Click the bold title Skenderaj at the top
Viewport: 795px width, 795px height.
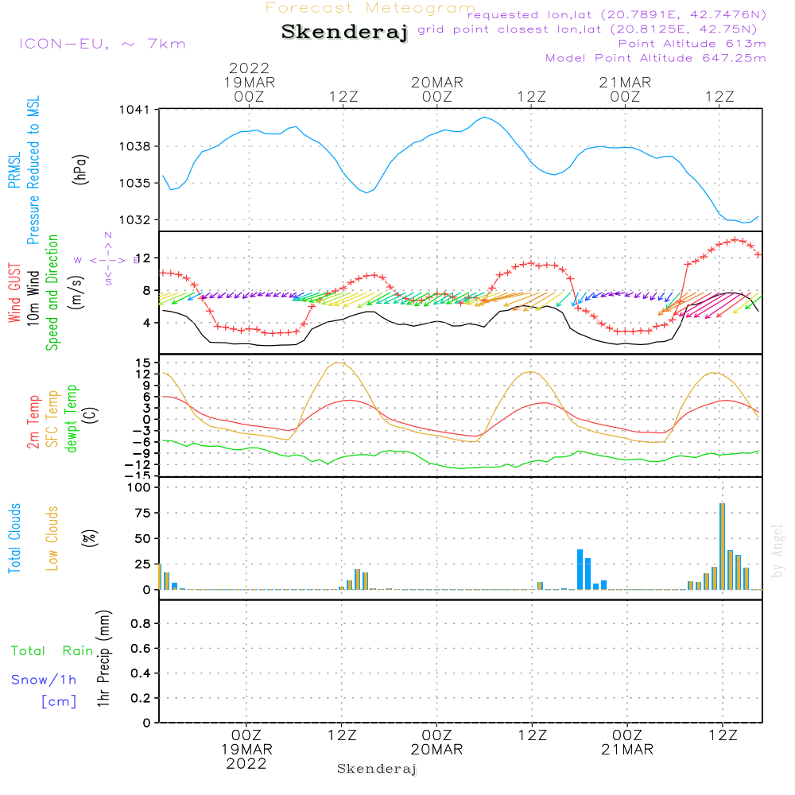(x=344, y=32)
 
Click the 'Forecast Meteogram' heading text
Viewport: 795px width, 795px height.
(x=370, y=8)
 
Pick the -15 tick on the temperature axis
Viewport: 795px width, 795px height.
(x=142, y=475)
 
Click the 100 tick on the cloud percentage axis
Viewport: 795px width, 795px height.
(x=139, y=487)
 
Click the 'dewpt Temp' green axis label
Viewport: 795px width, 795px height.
(x=72, y=419)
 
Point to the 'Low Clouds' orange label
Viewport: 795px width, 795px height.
(x=53, y=537)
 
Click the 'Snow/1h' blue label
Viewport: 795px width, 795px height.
(x=44, y=680)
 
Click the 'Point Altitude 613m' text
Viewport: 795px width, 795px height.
(x=691, y=44)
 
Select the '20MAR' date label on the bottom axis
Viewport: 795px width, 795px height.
(x=436, y=750)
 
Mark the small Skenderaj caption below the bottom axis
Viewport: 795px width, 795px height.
(x=377, y=769)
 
